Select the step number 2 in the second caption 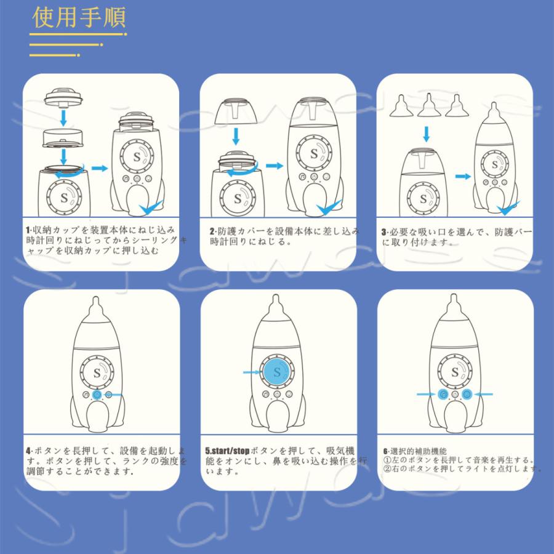(212, 231)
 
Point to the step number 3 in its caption (384, 232)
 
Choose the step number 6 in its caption (385, 450)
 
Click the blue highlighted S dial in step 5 (277, 372)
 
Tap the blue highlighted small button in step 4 (97, 395)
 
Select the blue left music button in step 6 (443, 394)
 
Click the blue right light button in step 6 (466, 394)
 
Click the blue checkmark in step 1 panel (151, 210)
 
